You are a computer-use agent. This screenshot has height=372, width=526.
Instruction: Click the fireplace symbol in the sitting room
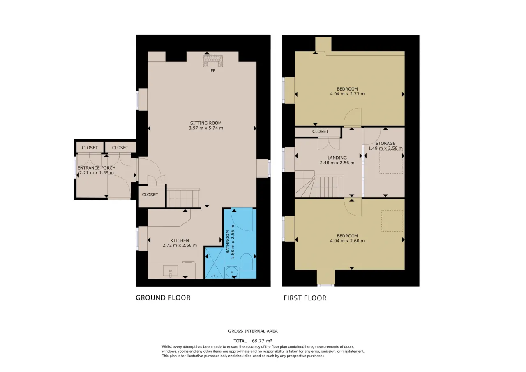pos(213,61)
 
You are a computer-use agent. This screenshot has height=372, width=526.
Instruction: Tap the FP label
pos(213,70)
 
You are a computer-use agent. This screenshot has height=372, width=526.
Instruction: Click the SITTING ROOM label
pos(206,123)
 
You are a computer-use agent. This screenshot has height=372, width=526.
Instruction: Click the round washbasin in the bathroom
pos(231,272)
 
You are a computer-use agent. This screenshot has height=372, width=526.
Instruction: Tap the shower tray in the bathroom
pos(215,263)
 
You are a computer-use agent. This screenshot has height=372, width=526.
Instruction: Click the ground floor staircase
pos(183,198)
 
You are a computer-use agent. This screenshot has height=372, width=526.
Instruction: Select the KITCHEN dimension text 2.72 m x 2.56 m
pos(180,246)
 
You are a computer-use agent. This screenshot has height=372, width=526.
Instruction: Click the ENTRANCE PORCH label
pos(97,168)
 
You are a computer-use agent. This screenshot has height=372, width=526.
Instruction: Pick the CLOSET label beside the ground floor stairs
pos(150,195)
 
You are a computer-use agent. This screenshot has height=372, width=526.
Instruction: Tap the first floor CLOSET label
pos(320,131)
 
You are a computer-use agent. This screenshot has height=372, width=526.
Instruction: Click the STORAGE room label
pos(385,143)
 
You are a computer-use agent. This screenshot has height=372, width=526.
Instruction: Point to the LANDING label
pos(337,158)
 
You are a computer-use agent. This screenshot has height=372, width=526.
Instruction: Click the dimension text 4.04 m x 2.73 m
pos(347,94)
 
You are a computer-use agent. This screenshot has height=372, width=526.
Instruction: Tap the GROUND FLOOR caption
pos(163,298)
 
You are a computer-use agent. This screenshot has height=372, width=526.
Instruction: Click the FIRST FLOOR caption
pos(305,298)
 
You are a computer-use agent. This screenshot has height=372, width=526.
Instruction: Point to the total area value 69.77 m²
pos(262,341)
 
